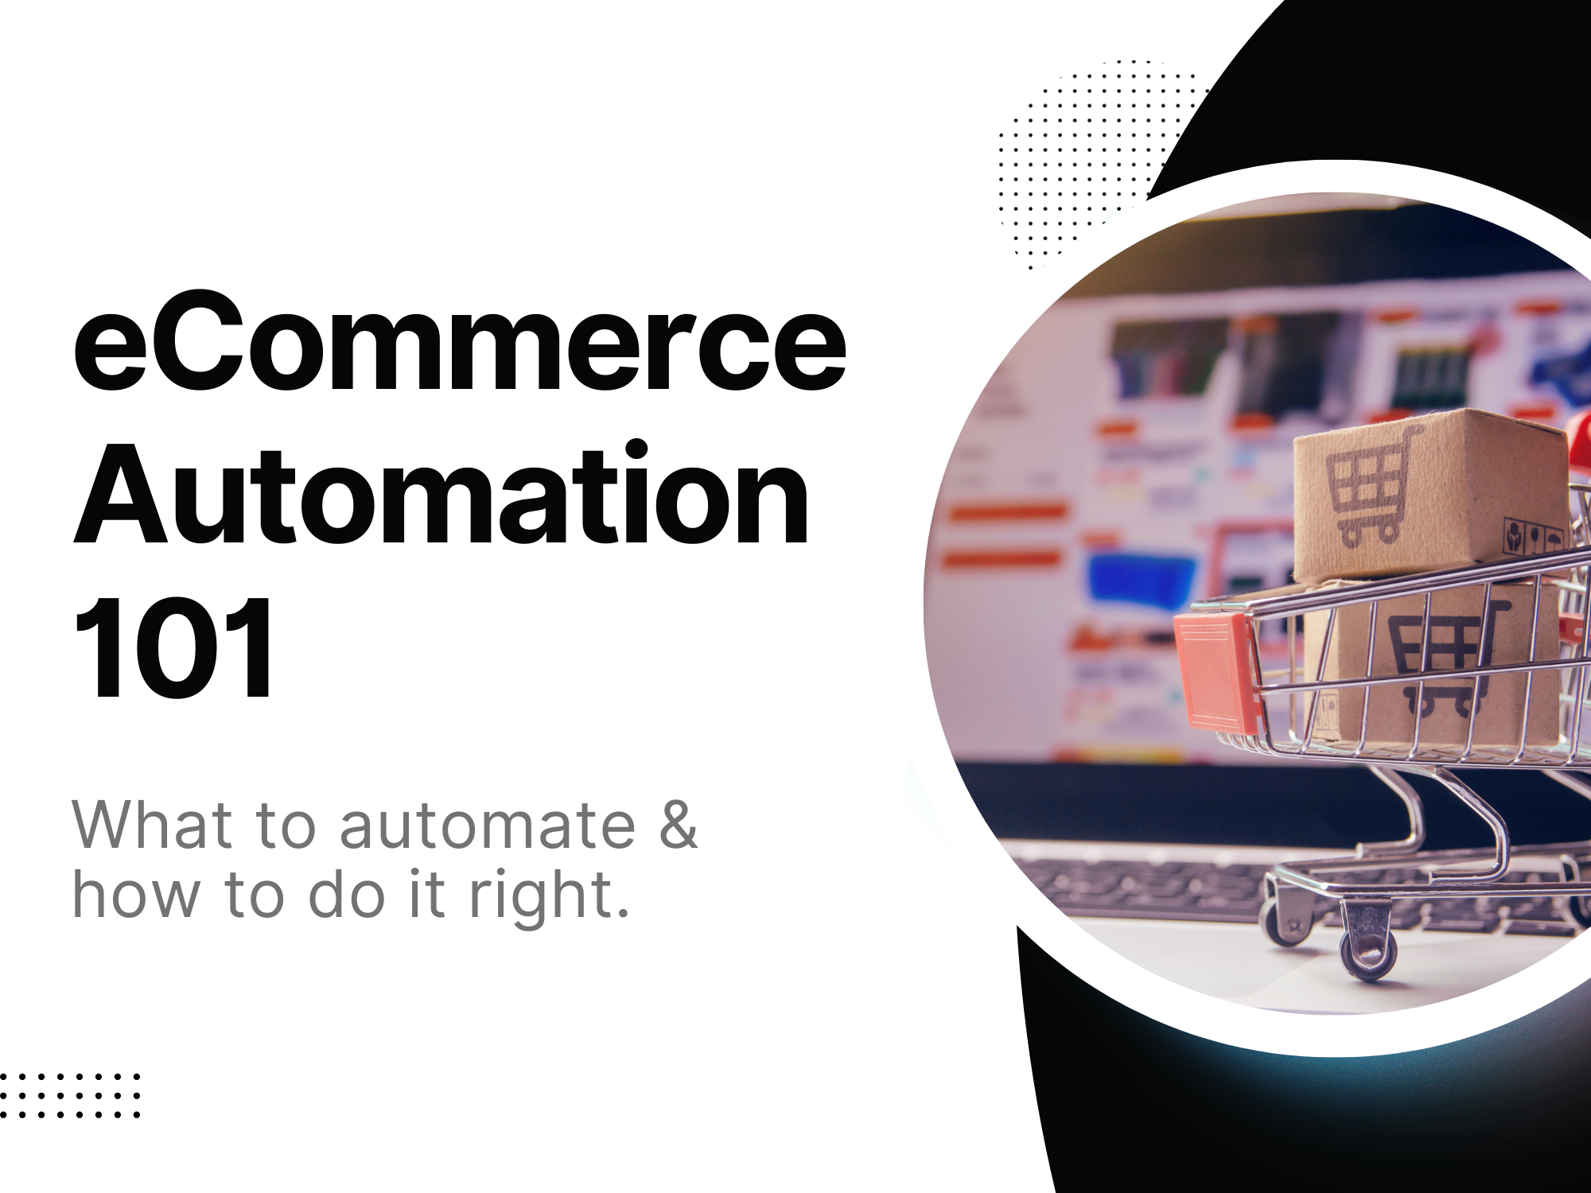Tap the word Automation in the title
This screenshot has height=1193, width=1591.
coord(442,492)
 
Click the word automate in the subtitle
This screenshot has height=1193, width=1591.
coord(487,825)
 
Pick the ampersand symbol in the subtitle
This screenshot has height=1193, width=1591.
coord(678,824)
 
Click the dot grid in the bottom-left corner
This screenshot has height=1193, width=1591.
coord(70,1095)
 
